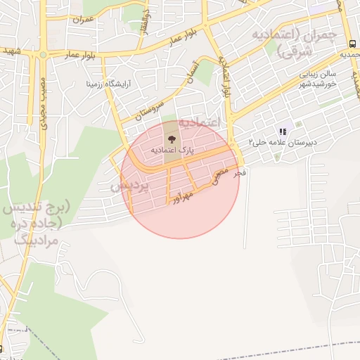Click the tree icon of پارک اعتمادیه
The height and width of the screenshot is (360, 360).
pos(172,138)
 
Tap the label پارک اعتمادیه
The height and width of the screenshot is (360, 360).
pos(172,150)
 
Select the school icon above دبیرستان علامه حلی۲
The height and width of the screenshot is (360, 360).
pos(283,131)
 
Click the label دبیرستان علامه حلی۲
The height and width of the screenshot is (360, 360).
pos(282,142)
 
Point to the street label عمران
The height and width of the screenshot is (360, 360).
pos(84,19)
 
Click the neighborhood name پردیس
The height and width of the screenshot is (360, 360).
pos(129,186)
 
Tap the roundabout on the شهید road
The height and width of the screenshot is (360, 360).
pos(43,54)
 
